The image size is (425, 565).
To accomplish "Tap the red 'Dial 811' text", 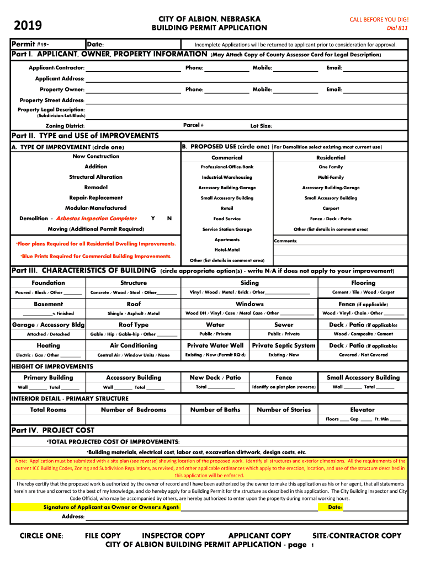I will click(397, 28).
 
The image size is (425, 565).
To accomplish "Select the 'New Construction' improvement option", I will click(96, 157).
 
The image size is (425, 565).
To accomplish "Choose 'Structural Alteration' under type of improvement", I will click(96, 177).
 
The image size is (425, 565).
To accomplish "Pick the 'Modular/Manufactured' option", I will click(96, 208).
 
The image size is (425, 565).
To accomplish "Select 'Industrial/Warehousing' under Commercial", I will click(227, 177).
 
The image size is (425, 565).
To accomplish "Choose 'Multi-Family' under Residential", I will click(331, 177).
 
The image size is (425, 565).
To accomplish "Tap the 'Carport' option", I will click(331, 209).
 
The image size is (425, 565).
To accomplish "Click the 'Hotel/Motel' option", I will click(227, 250).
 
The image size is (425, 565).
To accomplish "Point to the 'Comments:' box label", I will click(286, 241).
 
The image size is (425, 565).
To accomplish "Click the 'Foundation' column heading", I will click(48, 283).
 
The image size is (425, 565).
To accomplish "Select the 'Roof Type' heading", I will click(134, 325).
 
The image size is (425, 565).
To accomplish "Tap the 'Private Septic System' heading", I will click(284, 345).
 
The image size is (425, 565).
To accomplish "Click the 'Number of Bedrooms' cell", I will click(134, 409).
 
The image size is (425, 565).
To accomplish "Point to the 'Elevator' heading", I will click(362, 409).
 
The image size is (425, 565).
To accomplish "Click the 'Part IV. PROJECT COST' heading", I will click(53, 430).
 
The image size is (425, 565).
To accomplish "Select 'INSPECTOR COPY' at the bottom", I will click(173, 536).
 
